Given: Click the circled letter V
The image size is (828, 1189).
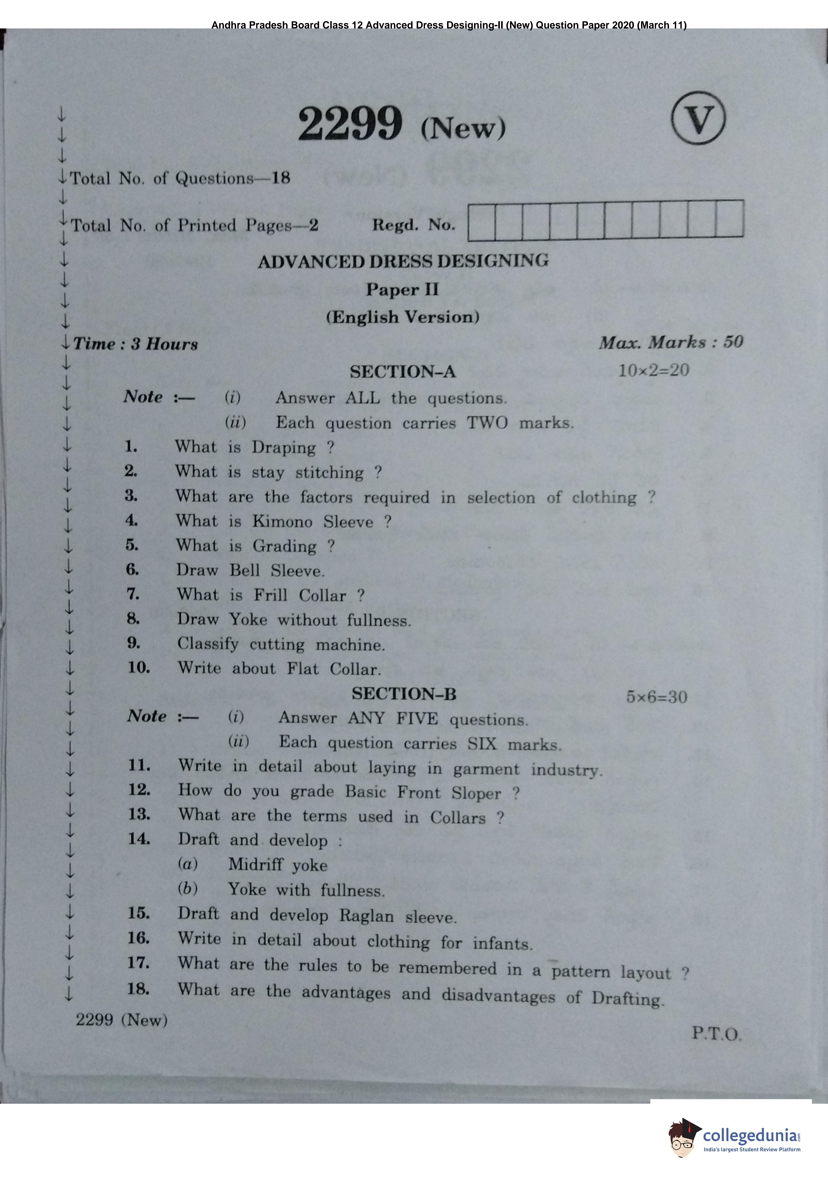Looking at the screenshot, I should click(698, 118).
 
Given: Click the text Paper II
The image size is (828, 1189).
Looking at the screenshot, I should click(402, 289).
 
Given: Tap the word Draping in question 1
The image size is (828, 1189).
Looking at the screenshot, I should click(284, 447).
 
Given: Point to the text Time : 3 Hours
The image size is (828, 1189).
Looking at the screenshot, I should click(136, 344).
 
